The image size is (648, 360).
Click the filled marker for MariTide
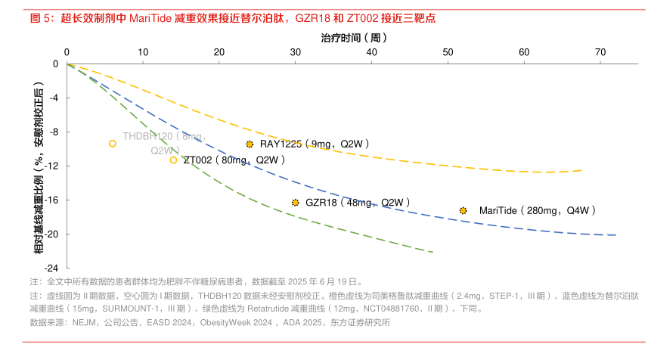(x=463, y=210)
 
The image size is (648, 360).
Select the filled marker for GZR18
(x=295, y=203)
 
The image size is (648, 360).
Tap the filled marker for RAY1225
(x=250, y=144)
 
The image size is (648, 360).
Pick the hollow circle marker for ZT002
(x=174, y=160)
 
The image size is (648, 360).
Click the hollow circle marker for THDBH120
(x=113, y=143)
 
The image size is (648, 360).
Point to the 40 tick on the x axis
(x=371, y=52)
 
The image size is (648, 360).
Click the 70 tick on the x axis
(x=600, y=52)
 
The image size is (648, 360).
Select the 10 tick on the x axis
(x=143, y=52)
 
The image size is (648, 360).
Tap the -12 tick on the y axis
(x=54, y=166)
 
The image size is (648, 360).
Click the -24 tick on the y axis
(x=54, y=268)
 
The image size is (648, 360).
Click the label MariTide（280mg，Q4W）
(x=538, y=210)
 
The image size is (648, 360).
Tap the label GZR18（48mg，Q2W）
(x=358, y=203)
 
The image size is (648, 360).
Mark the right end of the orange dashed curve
(x=582, y=170)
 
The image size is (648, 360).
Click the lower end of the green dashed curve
(x=433, y=252)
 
